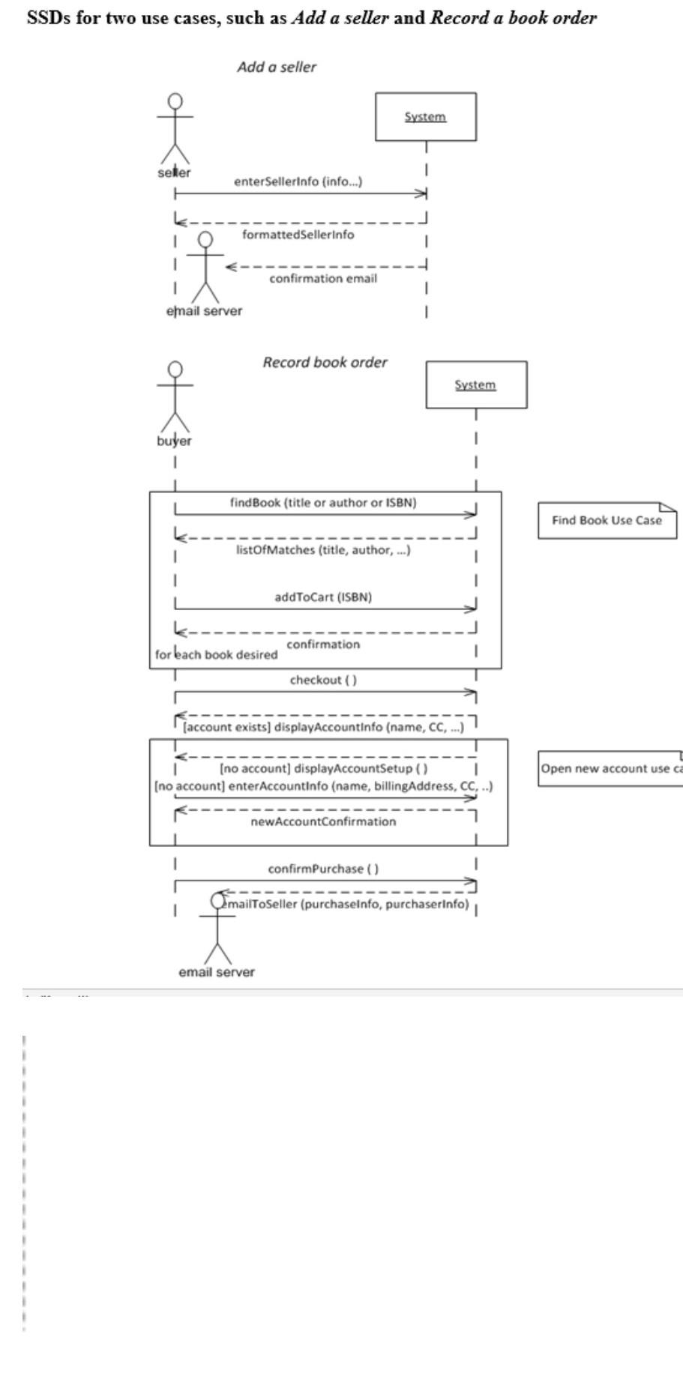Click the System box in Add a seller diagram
coord(425,116)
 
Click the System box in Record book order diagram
coord(475,384)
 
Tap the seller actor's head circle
coord(175,101)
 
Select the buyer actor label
coord(174,441)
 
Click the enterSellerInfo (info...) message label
coord(298,181)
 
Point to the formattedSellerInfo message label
coord(298,235)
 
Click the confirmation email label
coord(323,278)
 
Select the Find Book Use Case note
coord(607,520)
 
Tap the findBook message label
coord(322,502)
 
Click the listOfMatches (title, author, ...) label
coord(318,549)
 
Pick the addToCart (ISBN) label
coord(323,597)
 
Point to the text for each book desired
coord(216,654)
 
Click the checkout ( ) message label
coord(323,680)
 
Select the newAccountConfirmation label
coord(323,821)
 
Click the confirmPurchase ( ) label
coord(323,869)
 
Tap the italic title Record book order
coord(325,362)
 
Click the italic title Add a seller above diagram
coord(276,67)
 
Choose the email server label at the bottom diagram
coord(217,972)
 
